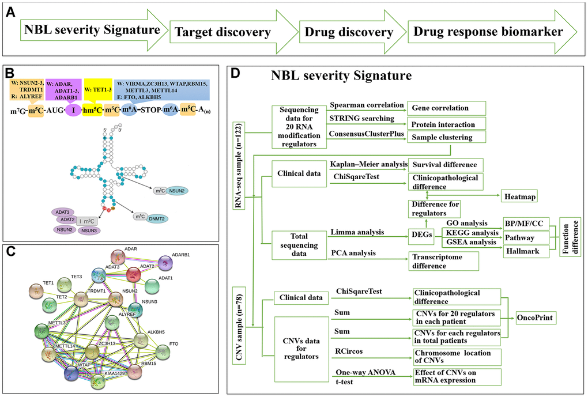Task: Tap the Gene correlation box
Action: coord(446,107)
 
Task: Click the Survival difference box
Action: coord(446,165)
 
